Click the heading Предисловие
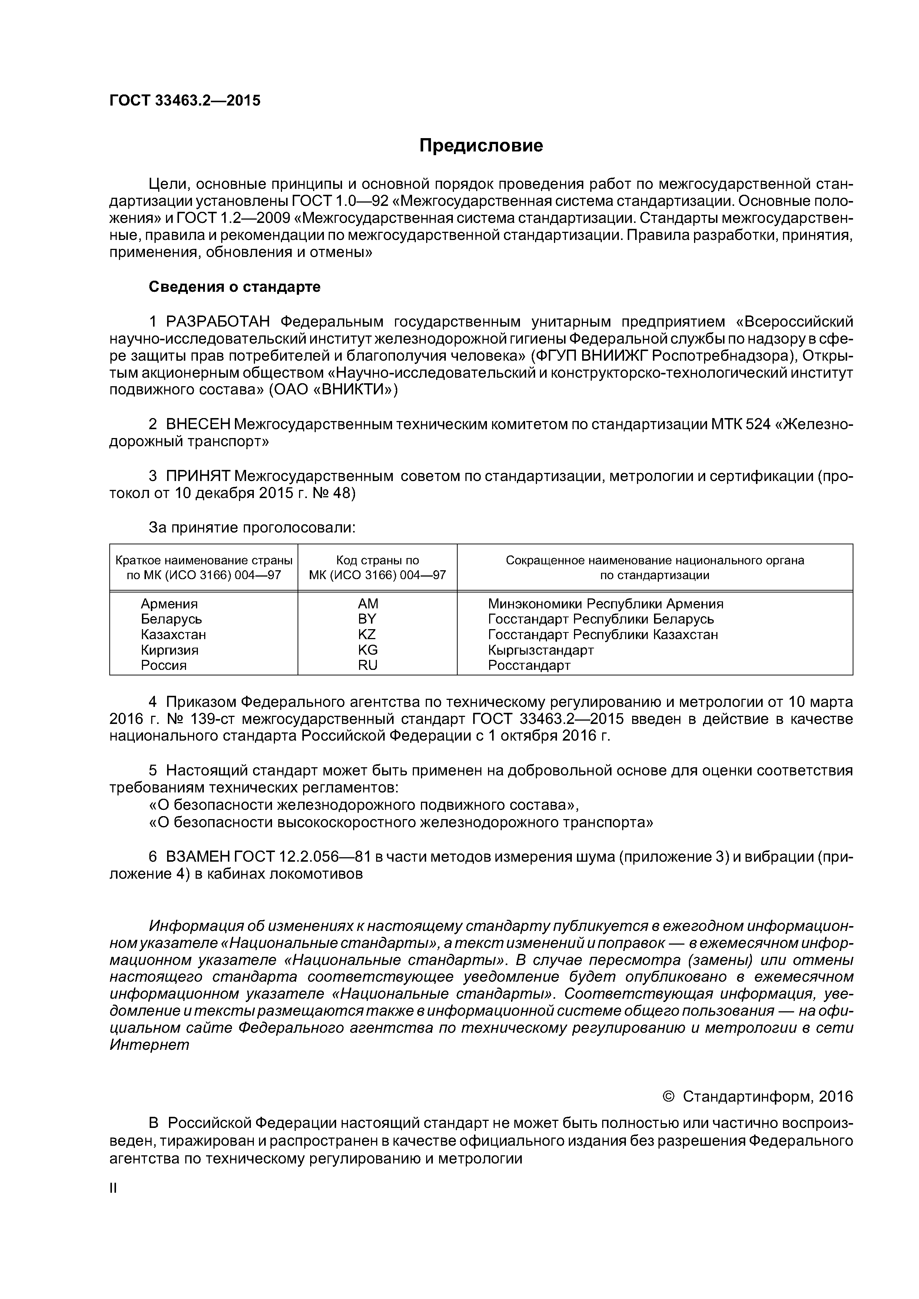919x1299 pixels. pos(481,146)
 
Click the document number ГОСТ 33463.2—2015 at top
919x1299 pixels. pos(185,101)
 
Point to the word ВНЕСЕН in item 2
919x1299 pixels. pos(198,424)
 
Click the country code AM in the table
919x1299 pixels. pos(368,604)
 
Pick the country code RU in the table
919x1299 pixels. pos(368,665)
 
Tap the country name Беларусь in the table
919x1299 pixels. pos(171,619)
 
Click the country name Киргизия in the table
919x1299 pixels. pos(169,650)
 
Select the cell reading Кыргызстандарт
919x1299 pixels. pos(541,650)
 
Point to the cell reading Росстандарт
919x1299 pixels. pos(529,665)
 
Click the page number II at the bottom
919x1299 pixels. pos(113,1189)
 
